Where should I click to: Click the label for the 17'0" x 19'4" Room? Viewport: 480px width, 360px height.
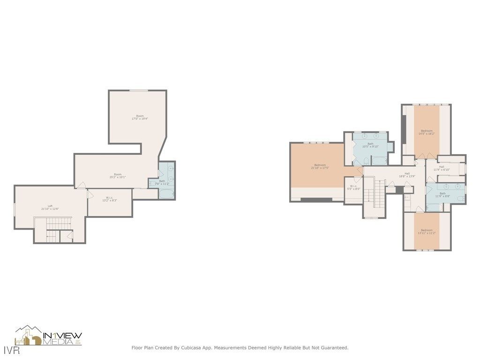tap(140, 117)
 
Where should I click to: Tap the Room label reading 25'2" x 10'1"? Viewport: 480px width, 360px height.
tap(117, 175)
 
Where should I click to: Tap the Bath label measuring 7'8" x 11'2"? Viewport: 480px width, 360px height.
tap(162, 182)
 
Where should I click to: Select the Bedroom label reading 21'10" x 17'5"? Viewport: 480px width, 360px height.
tap(320, 166)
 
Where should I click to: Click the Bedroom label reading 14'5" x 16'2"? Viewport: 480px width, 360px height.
tap(427, 132)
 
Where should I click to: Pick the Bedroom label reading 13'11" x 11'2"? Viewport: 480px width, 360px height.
tap(427, 231)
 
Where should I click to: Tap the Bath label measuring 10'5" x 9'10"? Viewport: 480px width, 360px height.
tap(370, 145)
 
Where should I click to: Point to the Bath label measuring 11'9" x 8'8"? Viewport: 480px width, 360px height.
tap(442, 195)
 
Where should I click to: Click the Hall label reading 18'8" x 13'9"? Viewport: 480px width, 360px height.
tap(407, 175)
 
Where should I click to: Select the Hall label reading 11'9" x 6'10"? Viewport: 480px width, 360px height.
tap(442, 168)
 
